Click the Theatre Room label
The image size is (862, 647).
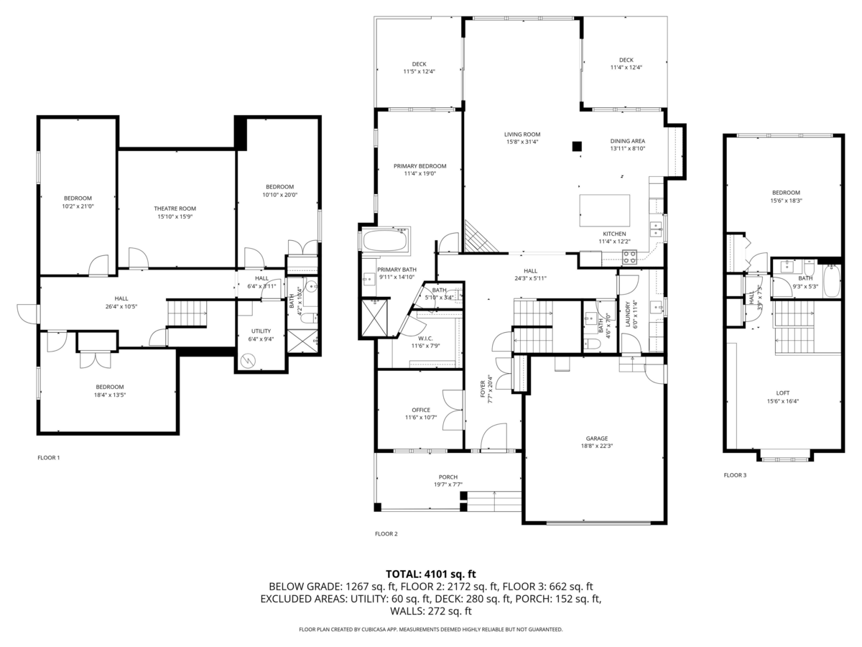click(x=175, y=208)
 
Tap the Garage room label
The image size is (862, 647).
click(x=596, y=439)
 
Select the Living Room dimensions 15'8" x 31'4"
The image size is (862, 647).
click(x=522, y=142)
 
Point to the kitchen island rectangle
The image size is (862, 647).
click(x=604, y=211)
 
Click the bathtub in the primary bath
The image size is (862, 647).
click(x=385, y=240)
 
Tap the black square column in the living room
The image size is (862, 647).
click(x=577, y=147)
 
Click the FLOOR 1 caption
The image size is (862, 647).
click(x=49, y=458)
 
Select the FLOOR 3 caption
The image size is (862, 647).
click(x=735, y=475)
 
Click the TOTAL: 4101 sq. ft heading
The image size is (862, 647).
click(x=431, y=574)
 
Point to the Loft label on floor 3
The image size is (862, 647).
click(x=782, y=393)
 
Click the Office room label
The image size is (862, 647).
click(x=421, y=410)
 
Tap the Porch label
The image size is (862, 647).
click(x=448, y=477)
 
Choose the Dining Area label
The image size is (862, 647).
click(x=628, y=141)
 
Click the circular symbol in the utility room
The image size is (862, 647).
click(x=248, y=361)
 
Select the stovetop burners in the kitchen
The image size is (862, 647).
click(x=629, y=257)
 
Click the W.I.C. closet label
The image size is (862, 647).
click(x=425, y=338)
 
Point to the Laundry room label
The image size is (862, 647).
click(x=627, y=314)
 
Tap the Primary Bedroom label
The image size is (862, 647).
click(x=420, y=166)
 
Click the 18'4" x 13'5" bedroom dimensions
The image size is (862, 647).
click(x=110, y=395)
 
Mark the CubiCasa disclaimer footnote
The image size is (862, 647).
click(x=431, y=629)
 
